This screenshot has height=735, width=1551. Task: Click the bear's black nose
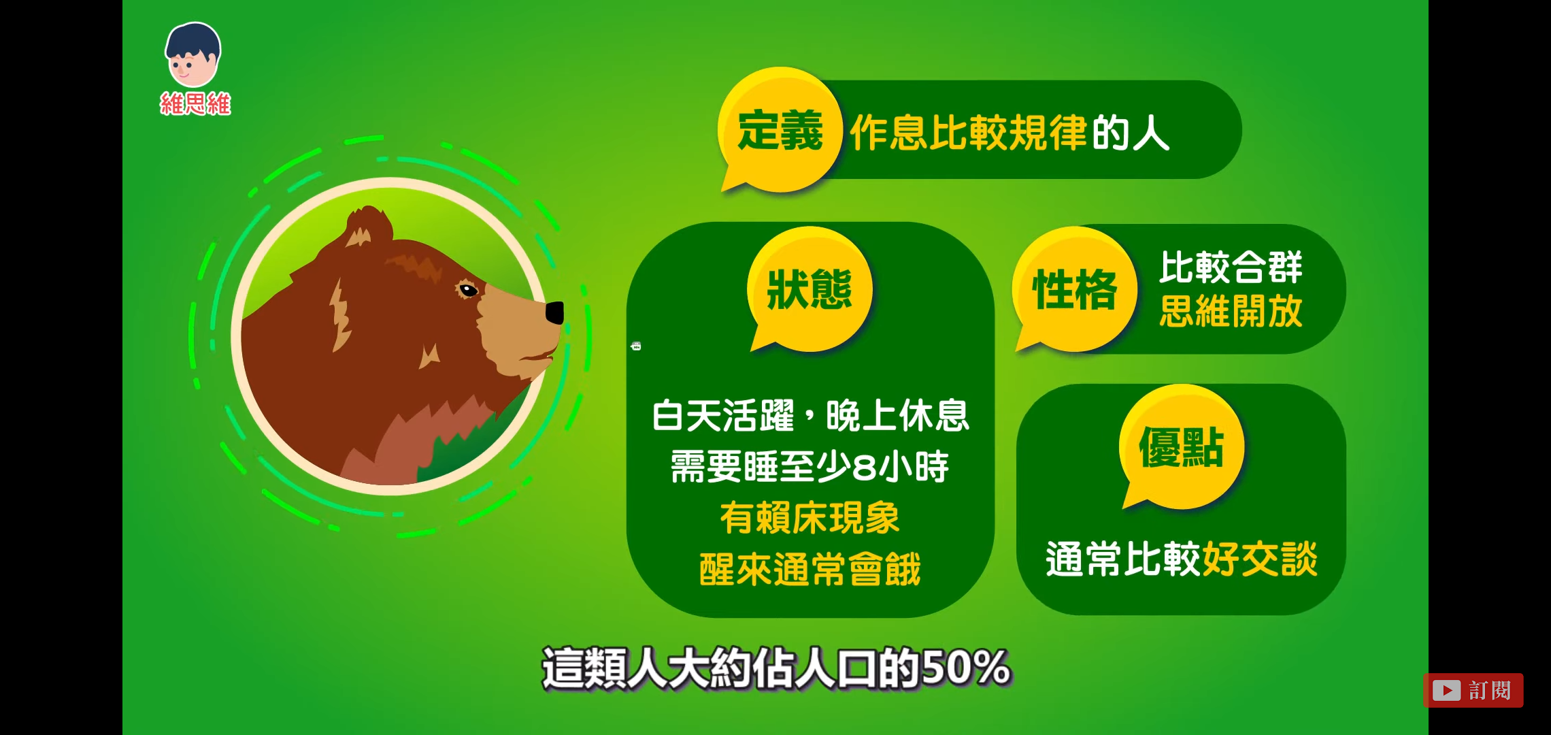pos(555,312)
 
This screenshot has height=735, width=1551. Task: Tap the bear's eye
pos(468,291)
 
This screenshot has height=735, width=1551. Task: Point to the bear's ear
pos(367,227)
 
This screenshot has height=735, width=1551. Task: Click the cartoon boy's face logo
pos(193,54)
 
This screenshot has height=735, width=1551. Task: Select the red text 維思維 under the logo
pos(196,104)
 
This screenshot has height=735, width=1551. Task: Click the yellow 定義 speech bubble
pos(780,129)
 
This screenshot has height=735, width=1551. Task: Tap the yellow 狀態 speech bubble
pos(810,289)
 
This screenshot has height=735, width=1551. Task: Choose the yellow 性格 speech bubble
pos(1075,289)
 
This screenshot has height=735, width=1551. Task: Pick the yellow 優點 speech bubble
pos(1182,447)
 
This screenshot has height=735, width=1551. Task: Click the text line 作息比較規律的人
pos(1010,133)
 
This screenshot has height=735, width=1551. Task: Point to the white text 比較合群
pos(1231,267)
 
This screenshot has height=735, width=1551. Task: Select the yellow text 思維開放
pos(1231,312)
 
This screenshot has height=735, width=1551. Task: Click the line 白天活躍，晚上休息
pos(810,415)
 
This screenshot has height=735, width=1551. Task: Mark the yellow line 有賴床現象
pos(810,518)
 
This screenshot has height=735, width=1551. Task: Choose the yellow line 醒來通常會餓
pos(810,569)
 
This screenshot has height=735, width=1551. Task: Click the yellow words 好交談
pos(1260,559)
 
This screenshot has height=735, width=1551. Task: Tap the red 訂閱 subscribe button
pos(1473,690)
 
